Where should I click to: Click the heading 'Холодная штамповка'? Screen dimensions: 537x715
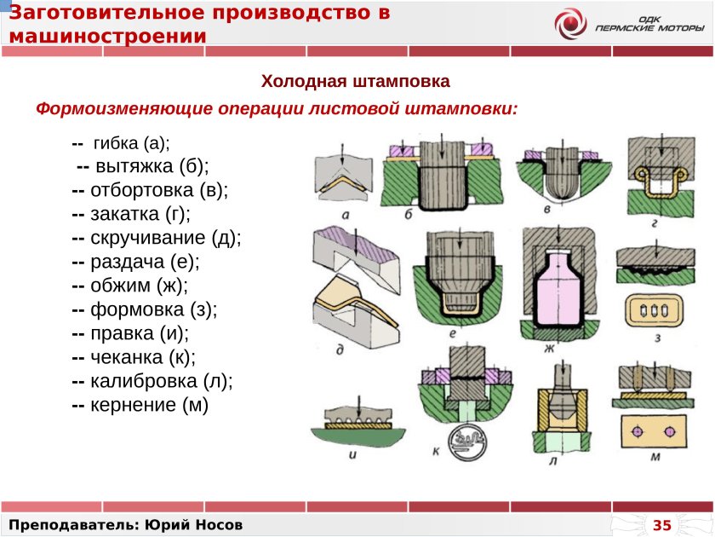355,82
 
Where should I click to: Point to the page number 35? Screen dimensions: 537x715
661,523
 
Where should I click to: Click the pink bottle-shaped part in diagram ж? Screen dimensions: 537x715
557,286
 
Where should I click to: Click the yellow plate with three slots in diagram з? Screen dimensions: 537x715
655,312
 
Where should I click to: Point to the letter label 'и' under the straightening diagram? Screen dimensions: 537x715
352,453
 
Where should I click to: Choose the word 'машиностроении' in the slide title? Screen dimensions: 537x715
108,36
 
